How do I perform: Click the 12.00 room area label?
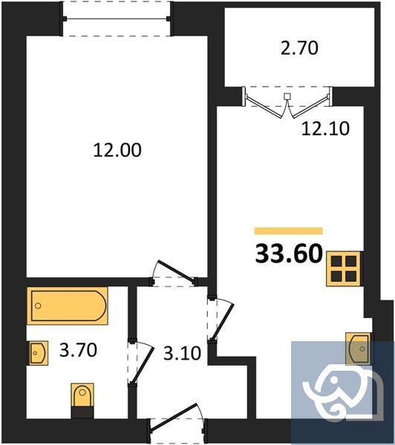click(x=117, y=150)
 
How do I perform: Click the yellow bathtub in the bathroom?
click(x=68, y=305)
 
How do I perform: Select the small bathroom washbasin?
click(x=38, y=352)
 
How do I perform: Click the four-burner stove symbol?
click(x=344, y=268)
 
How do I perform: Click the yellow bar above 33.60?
click(x=288, y=231)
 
